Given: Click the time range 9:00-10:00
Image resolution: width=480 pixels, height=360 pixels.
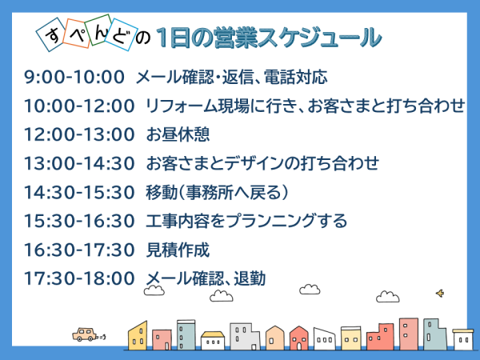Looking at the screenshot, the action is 74,77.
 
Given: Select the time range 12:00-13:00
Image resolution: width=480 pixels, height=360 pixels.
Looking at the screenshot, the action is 79,134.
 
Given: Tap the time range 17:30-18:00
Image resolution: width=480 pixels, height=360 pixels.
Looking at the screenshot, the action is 79,278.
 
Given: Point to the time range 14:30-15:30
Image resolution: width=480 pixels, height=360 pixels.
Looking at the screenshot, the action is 79,192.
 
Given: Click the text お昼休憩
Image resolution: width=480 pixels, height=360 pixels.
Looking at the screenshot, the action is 178,134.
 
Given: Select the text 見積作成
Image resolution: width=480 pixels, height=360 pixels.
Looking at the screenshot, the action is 178,250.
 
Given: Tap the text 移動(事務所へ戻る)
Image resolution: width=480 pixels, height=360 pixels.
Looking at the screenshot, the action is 217,192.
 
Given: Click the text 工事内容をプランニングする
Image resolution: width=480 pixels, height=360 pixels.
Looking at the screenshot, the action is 246,221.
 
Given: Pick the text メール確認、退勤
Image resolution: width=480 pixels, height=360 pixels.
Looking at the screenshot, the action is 206,278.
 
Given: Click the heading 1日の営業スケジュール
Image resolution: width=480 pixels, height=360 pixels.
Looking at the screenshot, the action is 269,38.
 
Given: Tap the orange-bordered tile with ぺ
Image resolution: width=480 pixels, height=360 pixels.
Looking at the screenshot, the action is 77,33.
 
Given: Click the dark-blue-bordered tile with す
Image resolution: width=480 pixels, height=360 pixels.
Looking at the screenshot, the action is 52,34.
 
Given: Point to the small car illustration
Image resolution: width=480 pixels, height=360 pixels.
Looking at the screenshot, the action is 85,334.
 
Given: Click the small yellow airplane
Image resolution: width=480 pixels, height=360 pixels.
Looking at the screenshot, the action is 440,294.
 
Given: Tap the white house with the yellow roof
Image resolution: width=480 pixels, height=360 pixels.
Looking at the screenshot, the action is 213,341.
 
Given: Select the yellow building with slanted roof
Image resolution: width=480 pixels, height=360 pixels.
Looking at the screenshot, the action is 138,335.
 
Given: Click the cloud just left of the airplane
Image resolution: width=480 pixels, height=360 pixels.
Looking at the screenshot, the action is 387,297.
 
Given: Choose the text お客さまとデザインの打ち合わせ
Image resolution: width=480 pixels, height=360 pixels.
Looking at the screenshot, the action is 262,163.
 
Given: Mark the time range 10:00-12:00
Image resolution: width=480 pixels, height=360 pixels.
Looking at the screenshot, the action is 79,106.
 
